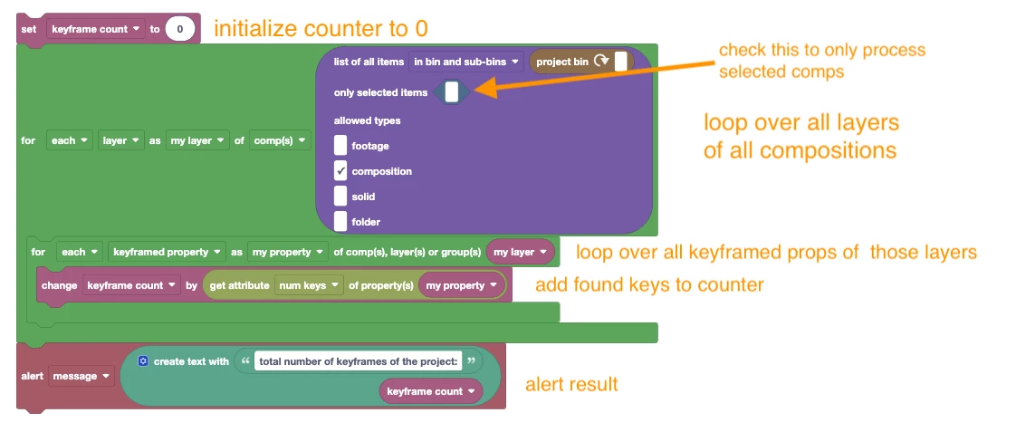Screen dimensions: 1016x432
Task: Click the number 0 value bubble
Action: (x=180, y=29)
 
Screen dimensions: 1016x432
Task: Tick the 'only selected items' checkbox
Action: (x=452, y=92)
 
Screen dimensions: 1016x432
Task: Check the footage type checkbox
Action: (x=340, y=146)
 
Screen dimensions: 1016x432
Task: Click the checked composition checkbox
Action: (x=340, y=171)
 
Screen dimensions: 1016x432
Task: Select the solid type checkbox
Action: (x=340, y=197)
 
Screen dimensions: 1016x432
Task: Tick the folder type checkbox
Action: (x=340, y=222)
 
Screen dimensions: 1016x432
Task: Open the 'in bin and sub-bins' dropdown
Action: (x=466, y=62)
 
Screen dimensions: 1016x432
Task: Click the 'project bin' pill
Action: (x=581, y=62)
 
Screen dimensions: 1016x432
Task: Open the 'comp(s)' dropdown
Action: (x=280, y=140)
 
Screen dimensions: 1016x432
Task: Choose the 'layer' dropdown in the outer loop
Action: (x=120, y=140)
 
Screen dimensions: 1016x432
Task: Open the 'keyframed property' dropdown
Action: (x=167, y=252)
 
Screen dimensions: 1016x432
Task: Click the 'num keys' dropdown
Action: (x=309, y=285)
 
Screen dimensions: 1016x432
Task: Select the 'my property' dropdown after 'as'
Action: (x=288, y=252)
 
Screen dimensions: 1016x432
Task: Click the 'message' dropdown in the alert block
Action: (x=81, y=376)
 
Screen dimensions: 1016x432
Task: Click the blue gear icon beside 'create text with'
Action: (x=143, y=360)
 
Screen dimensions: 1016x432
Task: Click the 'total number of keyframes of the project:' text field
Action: (x=358, y=361)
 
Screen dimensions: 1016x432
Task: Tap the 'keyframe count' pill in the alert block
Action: (x=431, y=391)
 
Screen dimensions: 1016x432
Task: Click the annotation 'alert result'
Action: (x=571, y=384)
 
